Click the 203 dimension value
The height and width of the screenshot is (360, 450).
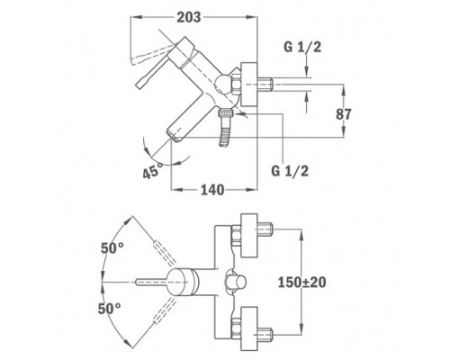coord(189,17)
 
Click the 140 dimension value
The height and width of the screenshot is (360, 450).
coord(212,190)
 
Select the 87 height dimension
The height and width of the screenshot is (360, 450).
coord(344,114)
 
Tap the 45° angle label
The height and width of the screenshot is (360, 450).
coord(152,171)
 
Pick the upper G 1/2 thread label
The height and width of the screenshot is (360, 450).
coord(302,47)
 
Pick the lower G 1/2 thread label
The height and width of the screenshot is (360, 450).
coord(290,171)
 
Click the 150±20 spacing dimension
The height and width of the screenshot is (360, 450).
coord(301,283)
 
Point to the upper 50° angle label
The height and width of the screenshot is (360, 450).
coord(112,248)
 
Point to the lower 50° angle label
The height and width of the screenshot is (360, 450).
coord(109,309)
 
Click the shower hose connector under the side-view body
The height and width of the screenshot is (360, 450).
coord(226,128)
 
